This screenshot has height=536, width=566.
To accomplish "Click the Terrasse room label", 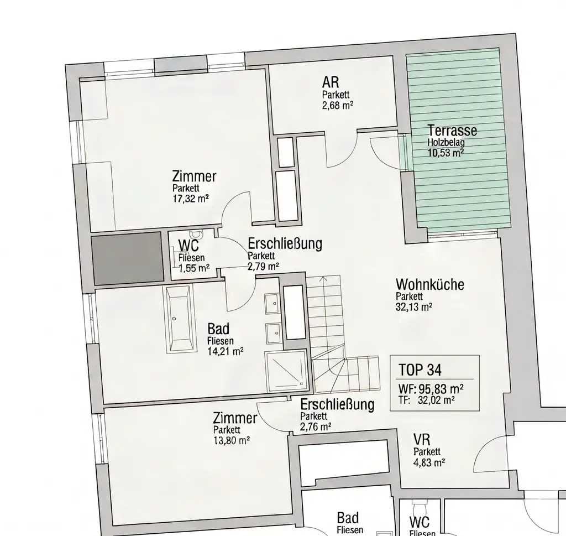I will [x=452, y=131].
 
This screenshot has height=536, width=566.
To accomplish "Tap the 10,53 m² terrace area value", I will [x=446, y=153].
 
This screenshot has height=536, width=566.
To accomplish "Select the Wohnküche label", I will [x=429, y=285].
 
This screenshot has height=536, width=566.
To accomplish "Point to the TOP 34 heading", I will [x=419, y=369].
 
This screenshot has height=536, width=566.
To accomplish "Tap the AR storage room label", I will [x=331, y=83].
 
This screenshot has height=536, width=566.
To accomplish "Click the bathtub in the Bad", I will [x=179, y=318].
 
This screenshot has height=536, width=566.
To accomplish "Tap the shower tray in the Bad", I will [x=286, y=368].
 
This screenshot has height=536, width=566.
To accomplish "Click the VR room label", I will [x=422, y=440].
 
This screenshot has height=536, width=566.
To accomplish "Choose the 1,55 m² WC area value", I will [x=194, y=268].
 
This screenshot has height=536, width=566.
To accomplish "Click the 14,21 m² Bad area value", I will [x=226, y=351].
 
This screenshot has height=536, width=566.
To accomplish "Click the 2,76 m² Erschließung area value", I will [x=316, y=426].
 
